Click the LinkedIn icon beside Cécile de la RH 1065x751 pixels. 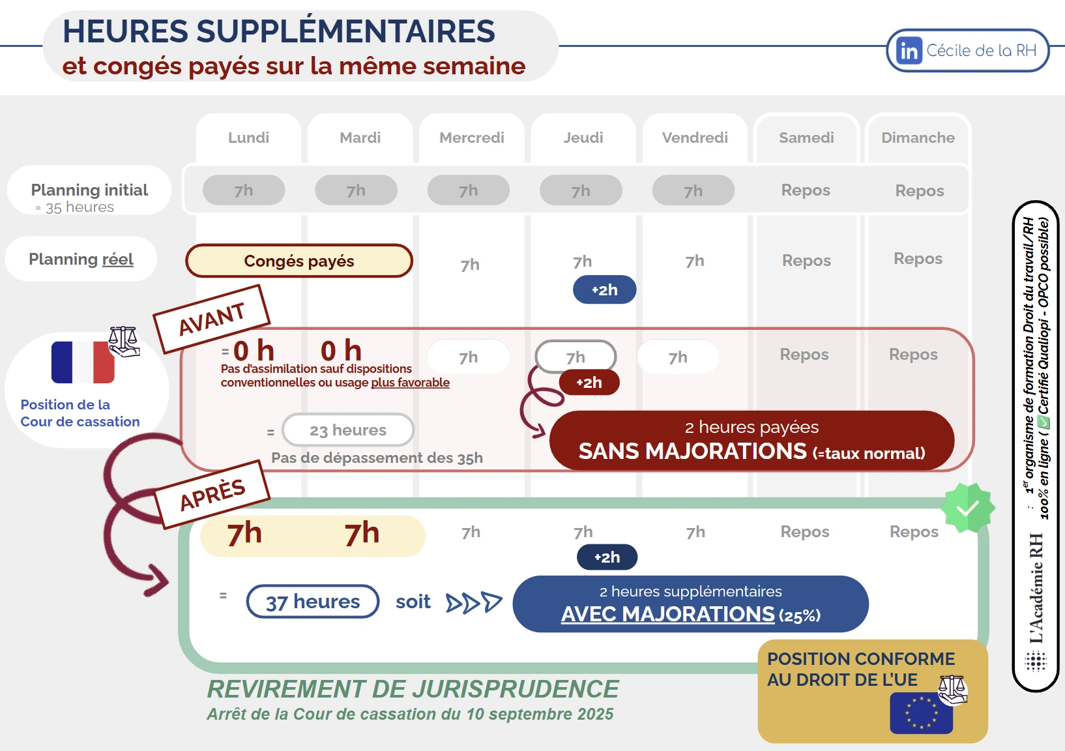(x=909, y=51)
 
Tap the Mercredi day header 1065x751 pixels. (x=471, y=138)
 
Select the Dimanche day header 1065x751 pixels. (x=918, y=138)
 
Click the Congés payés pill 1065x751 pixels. (x=299, y=261)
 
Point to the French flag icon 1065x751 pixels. (x=83, y=362)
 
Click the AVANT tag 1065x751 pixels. (x=212, y=319)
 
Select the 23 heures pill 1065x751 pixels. (x=348, y=430)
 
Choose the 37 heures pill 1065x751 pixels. (x=313, y=601)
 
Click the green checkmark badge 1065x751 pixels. (x=968, y=508)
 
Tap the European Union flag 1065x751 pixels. (x=921, y=713)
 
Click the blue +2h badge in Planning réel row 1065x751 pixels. (x=604, y=290)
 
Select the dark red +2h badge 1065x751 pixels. (x=589, y=383)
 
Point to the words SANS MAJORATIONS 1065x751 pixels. (x=692, y=451)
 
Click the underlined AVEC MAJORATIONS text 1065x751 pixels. (x=668, y=614)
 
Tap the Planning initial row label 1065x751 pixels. (x=89, y=190)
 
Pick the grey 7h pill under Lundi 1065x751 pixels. (x=244, y=190)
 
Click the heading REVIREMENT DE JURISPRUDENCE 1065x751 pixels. (x=413, y=689)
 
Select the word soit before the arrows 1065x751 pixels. (x=413, y=602)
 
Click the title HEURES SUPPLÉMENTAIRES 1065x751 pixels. (x=278, y=31)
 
